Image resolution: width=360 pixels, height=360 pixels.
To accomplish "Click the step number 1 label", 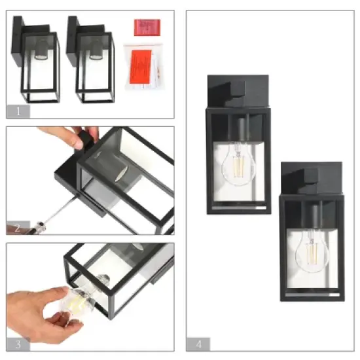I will (18, 111).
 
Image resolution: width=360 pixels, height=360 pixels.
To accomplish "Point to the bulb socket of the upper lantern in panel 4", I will (240, 131).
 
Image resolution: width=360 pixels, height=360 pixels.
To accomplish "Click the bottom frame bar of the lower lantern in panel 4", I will (312, 297).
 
